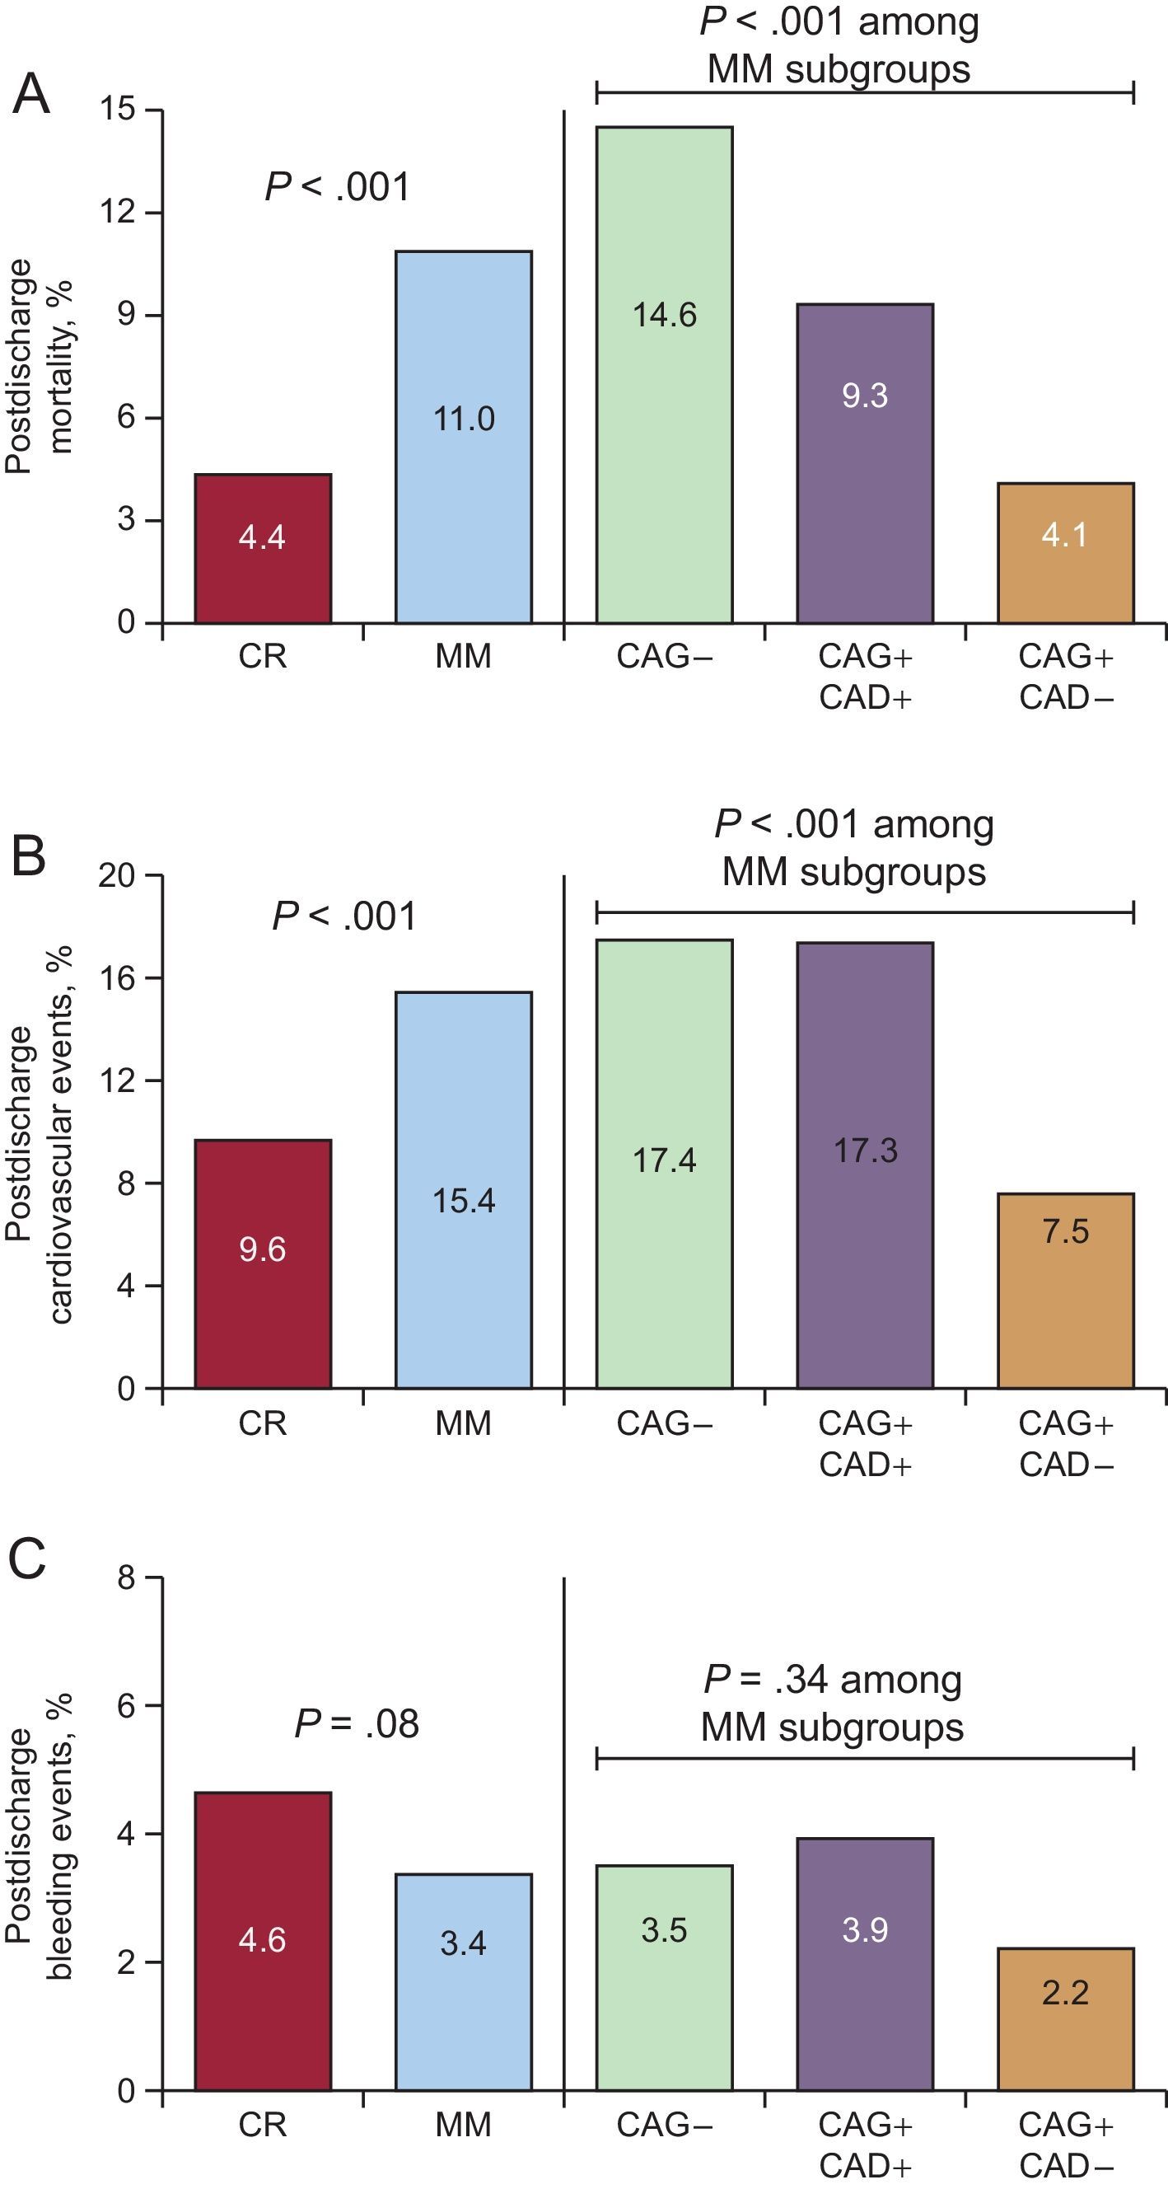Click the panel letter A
[30, 94]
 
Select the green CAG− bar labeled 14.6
[664, 375]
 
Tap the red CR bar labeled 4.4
[263, 548]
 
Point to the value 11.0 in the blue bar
[464, 419]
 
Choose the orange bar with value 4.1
[1065, 552]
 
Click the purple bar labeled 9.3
[865, 463]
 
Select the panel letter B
[28, 856]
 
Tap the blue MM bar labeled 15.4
[464, 1189]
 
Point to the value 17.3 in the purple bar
[866, 1151]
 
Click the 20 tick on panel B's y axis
[117, 874]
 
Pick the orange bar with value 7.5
[1065, 1291]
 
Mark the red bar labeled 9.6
[263, 1263]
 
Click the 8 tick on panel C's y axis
[126, 1578]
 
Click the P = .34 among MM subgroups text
[833, 1703]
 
